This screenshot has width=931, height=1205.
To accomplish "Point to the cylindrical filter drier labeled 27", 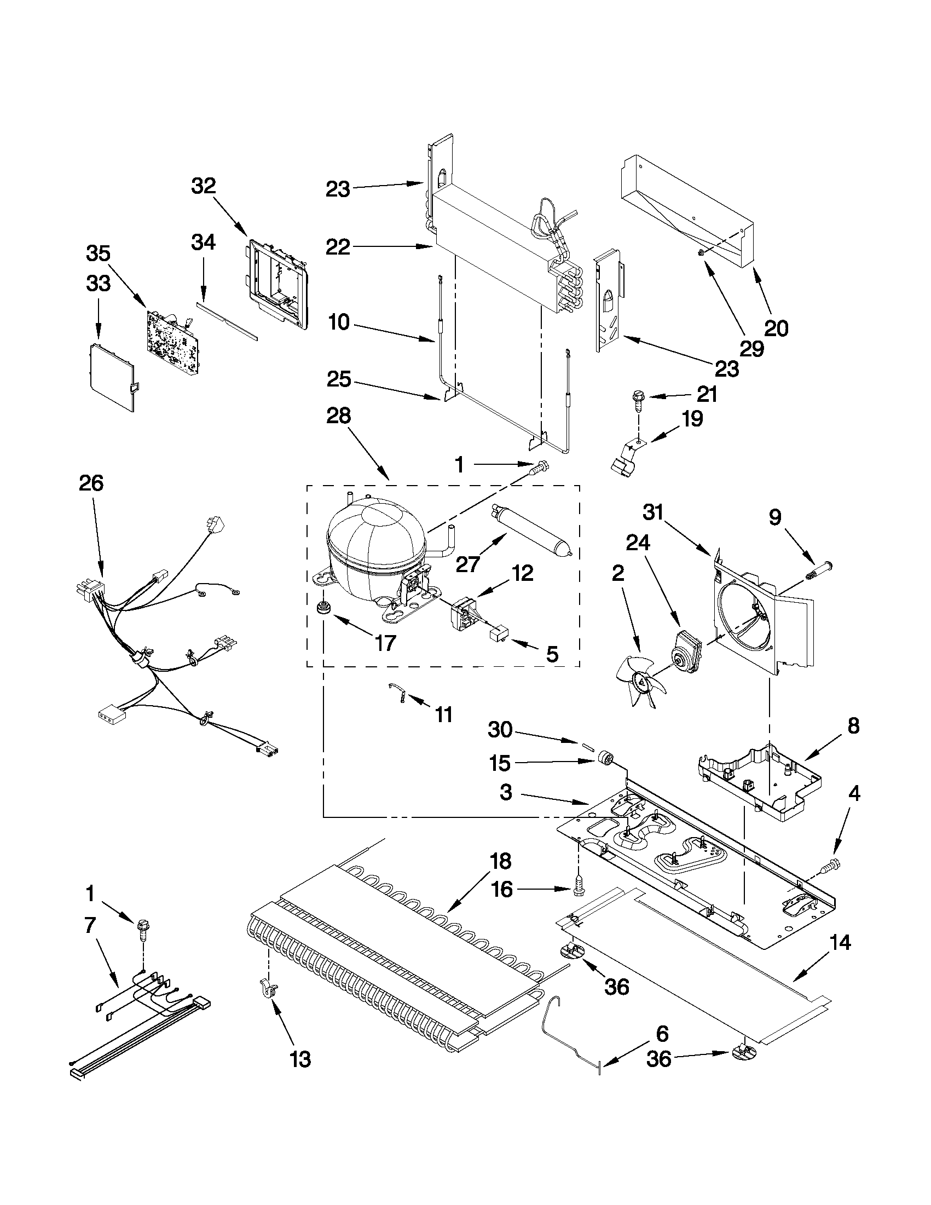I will point(531,529).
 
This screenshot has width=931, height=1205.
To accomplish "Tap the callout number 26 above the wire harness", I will point(91,483).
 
